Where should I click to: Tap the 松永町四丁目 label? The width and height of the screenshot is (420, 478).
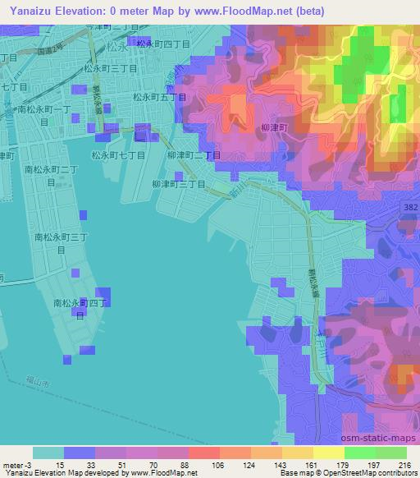162,44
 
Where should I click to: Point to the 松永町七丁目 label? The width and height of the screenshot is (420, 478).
118,154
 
